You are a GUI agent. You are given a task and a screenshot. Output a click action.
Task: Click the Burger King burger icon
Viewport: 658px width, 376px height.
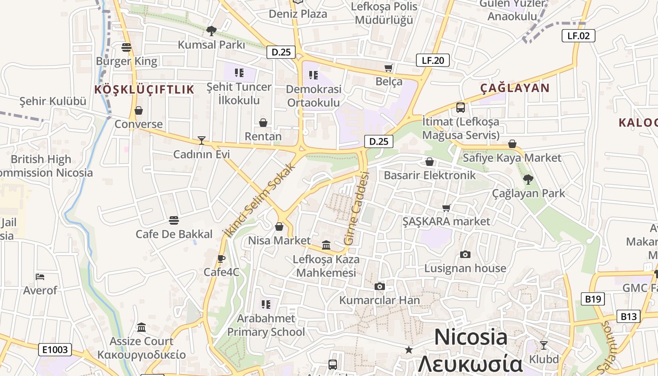tap(126, 47)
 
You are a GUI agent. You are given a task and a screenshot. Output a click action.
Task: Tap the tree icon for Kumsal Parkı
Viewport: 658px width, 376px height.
tap(211, 31)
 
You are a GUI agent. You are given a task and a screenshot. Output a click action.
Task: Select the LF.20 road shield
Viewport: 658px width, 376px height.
tap(433, 60)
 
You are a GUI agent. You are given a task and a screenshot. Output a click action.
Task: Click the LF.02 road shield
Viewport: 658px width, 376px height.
tap(578, 36)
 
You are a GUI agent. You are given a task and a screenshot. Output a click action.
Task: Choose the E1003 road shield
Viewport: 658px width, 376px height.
tap(55, 350)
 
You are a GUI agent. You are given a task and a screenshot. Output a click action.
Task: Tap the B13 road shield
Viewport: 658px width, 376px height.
tap(628, 316)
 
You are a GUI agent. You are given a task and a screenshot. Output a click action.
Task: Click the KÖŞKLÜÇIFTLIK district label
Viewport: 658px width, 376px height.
tap(144, 90)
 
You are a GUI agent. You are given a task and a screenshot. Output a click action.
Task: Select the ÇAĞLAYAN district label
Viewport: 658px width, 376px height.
tap(515, 88)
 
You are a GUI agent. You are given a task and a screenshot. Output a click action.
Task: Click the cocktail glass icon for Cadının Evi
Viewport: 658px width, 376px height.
tap(202, 140)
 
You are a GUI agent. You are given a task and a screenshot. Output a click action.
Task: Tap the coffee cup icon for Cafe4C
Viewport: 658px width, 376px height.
tap(221, 258)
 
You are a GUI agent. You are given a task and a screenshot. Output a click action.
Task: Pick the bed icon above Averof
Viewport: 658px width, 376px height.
tap(40, 277)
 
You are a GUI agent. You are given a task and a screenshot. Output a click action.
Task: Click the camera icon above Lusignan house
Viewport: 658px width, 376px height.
tap(465, 255)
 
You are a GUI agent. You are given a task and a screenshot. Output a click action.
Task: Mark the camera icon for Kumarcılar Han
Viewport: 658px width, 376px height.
tap(380, 287)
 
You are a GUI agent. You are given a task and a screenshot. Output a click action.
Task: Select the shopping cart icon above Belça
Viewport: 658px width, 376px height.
tap(388, 68)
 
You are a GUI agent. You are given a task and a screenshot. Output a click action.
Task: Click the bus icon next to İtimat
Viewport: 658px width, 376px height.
tap(461, 108)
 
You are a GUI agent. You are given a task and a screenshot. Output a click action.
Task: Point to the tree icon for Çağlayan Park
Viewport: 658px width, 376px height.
tap(528, 179)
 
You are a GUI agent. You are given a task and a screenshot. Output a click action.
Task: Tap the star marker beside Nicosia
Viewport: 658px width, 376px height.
tap(409, 350)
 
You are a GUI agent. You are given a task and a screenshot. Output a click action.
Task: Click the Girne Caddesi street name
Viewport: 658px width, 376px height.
tap(357, 208)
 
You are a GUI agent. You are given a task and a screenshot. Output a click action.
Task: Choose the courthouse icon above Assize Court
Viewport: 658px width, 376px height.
tap(141, 327)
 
